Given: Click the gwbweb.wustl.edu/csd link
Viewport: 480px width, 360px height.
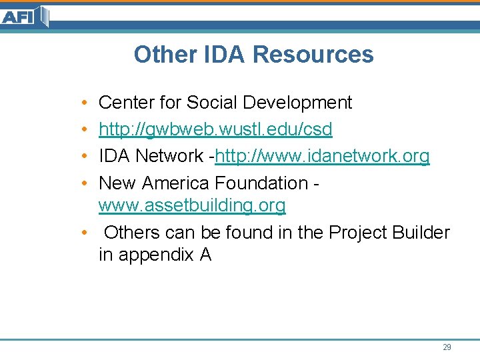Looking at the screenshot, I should click(x=215, y=129).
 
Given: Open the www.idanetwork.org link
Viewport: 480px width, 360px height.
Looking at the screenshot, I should click(x=322, y=156).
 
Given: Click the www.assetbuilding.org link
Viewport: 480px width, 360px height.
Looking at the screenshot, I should click(x=192, y=206).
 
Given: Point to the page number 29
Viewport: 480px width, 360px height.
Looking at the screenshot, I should click(x=447, y=347).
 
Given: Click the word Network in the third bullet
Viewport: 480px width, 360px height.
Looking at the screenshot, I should click(x=169, y=156).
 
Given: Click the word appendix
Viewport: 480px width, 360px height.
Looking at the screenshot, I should click(x=155, y=255).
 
